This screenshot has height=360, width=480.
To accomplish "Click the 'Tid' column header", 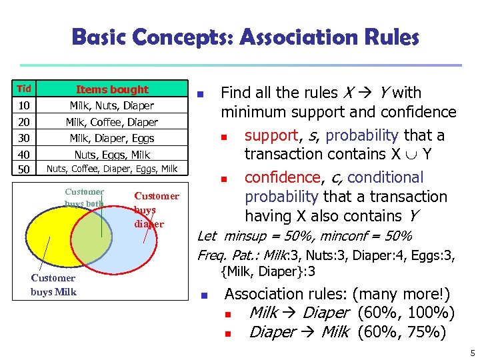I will coord(24,89).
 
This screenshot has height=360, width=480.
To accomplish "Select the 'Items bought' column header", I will coord(112,89).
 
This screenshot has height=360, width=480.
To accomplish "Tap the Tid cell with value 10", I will coord(24,106).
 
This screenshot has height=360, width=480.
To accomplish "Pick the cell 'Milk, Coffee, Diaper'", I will coord(112,122).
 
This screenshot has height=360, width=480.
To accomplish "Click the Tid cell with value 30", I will coord(24,138).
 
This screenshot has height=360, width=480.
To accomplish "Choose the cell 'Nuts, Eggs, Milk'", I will coord(112,154).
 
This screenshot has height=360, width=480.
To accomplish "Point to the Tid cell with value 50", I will coord(24,169).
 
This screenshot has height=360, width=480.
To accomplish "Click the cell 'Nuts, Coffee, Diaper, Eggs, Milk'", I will coord(112,169).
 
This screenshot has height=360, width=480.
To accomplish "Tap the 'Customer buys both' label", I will coord(85,197).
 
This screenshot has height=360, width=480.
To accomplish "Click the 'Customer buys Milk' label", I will coord(53,285).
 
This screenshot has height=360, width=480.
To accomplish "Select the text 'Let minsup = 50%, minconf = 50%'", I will coord(304,236).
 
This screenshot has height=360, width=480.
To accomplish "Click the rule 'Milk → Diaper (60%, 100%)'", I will coord(351,313).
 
